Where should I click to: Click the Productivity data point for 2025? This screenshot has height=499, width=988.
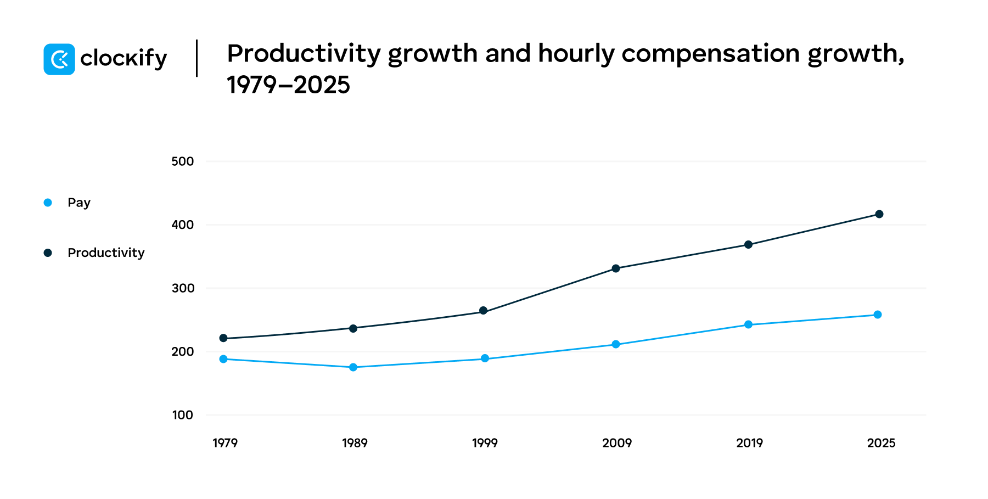pos(879,214)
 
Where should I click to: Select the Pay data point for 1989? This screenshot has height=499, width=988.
pos(353,367)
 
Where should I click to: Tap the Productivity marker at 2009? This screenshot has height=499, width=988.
pos(616,268)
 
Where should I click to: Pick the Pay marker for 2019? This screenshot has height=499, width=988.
pos(748,324)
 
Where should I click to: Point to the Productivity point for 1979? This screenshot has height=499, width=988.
pos(223,338)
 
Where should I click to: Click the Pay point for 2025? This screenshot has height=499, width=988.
pos(878,315)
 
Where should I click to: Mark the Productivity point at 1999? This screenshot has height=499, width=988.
pos(484,311)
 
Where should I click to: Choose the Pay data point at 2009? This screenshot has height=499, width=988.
pos(616,344)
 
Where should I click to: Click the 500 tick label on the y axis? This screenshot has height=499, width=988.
pos(182,161)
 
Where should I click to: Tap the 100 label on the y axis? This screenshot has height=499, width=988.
pos(182,415)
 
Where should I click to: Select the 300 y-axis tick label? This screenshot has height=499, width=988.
pos(182,288)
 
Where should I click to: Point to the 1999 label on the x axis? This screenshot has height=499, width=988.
pos(485,443)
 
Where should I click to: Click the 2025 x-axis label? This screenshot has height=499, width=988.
pos(881,443)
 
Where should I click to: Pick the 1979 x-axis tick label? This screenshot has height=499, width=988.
pos(225,443)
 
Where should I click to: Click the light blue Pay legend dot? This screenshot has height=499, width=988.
pos(48,203)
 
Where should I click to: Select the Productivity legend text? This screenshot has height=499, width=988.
pos(106,253)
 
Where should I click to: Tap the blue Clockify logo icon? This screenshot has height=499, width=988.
pos(59,59)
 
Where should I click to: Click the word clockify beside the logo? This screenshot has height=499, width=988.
pos(123,58)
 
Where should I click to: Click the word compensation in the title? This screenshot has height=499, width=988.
pos(710,54)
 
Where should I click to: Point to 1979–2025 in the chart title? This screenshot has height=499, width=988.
pos(288,85)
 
